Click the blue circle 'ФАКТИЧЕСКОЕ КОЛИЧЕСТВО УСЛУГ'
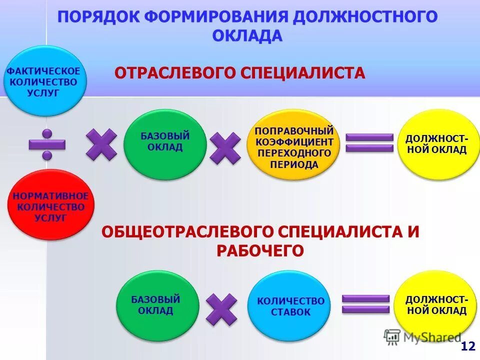(45, 81)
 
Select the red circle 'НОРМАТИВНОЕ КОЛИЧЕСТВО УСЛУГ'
(51, 205)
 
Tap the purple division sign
(47, 144)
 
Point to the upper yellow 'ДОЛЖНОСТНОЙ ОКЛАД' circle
(436, 144)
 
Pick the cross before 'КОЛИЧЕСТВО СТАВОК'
(221, 309)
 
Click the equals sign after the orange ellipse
(369, 143)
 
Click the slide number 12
(468, 346)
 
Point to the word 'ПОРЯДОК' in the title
(97, 16)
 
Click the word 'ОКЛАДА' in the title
(247, 36)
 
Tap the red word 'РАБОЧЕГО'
(260, 250)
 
